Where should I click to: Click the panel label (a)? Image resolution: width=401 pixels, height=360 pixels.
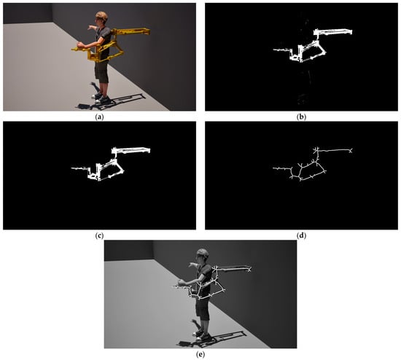pos(99,117)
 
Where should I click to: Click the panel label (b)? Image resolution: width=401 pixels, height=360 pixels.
pos(301,117)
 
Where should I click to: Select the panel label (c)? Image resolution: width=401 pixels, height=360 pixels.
pos(99,235)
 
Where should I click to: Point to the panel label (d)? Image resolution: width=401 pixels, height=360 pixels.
pos(301,235)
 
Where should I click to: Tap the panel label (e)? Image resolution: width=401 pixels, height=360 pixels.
pos(200,354)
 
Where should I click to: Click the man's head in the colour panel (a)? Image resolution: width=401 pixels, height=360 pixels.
pos(101,18)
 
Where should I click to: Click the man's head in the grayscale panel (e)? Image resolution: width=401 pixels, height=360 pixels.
pos(203,255)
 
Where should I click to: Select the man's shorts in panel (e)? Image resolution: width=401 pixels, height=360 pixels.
pos(203,309)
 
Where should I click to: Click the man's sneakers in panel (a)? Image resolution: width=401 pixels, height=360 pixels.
pos(101,98)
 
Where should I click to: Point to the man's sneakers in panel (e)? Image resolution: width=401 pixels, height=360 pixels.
pos(202,335)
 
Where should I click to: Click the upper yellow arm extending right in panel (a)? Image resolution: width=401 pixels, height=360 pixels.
pos(131,31)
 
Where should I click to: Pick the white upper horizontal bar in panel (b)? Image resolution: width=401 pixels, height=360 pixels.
pos(333,32)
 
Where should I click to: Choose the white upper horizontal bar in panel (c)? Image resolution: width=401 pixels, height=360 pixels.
pos(131,150)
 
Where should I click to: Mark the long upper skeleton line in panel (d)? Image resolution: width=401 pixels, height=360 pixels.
pos(334,150)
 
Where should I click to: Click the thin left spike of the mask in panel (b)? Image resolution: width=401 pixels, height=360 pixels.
pos(281,50)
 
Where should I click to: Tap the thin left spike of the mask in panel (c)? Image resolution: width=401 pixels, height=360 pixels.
pos(79,168)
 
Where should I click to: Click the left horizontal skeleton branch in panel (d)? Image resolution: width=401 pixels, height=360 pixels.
pos(282,168)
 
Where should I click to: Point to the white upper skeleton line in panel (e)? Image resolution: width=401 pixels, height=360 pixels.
pos(233,269)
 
